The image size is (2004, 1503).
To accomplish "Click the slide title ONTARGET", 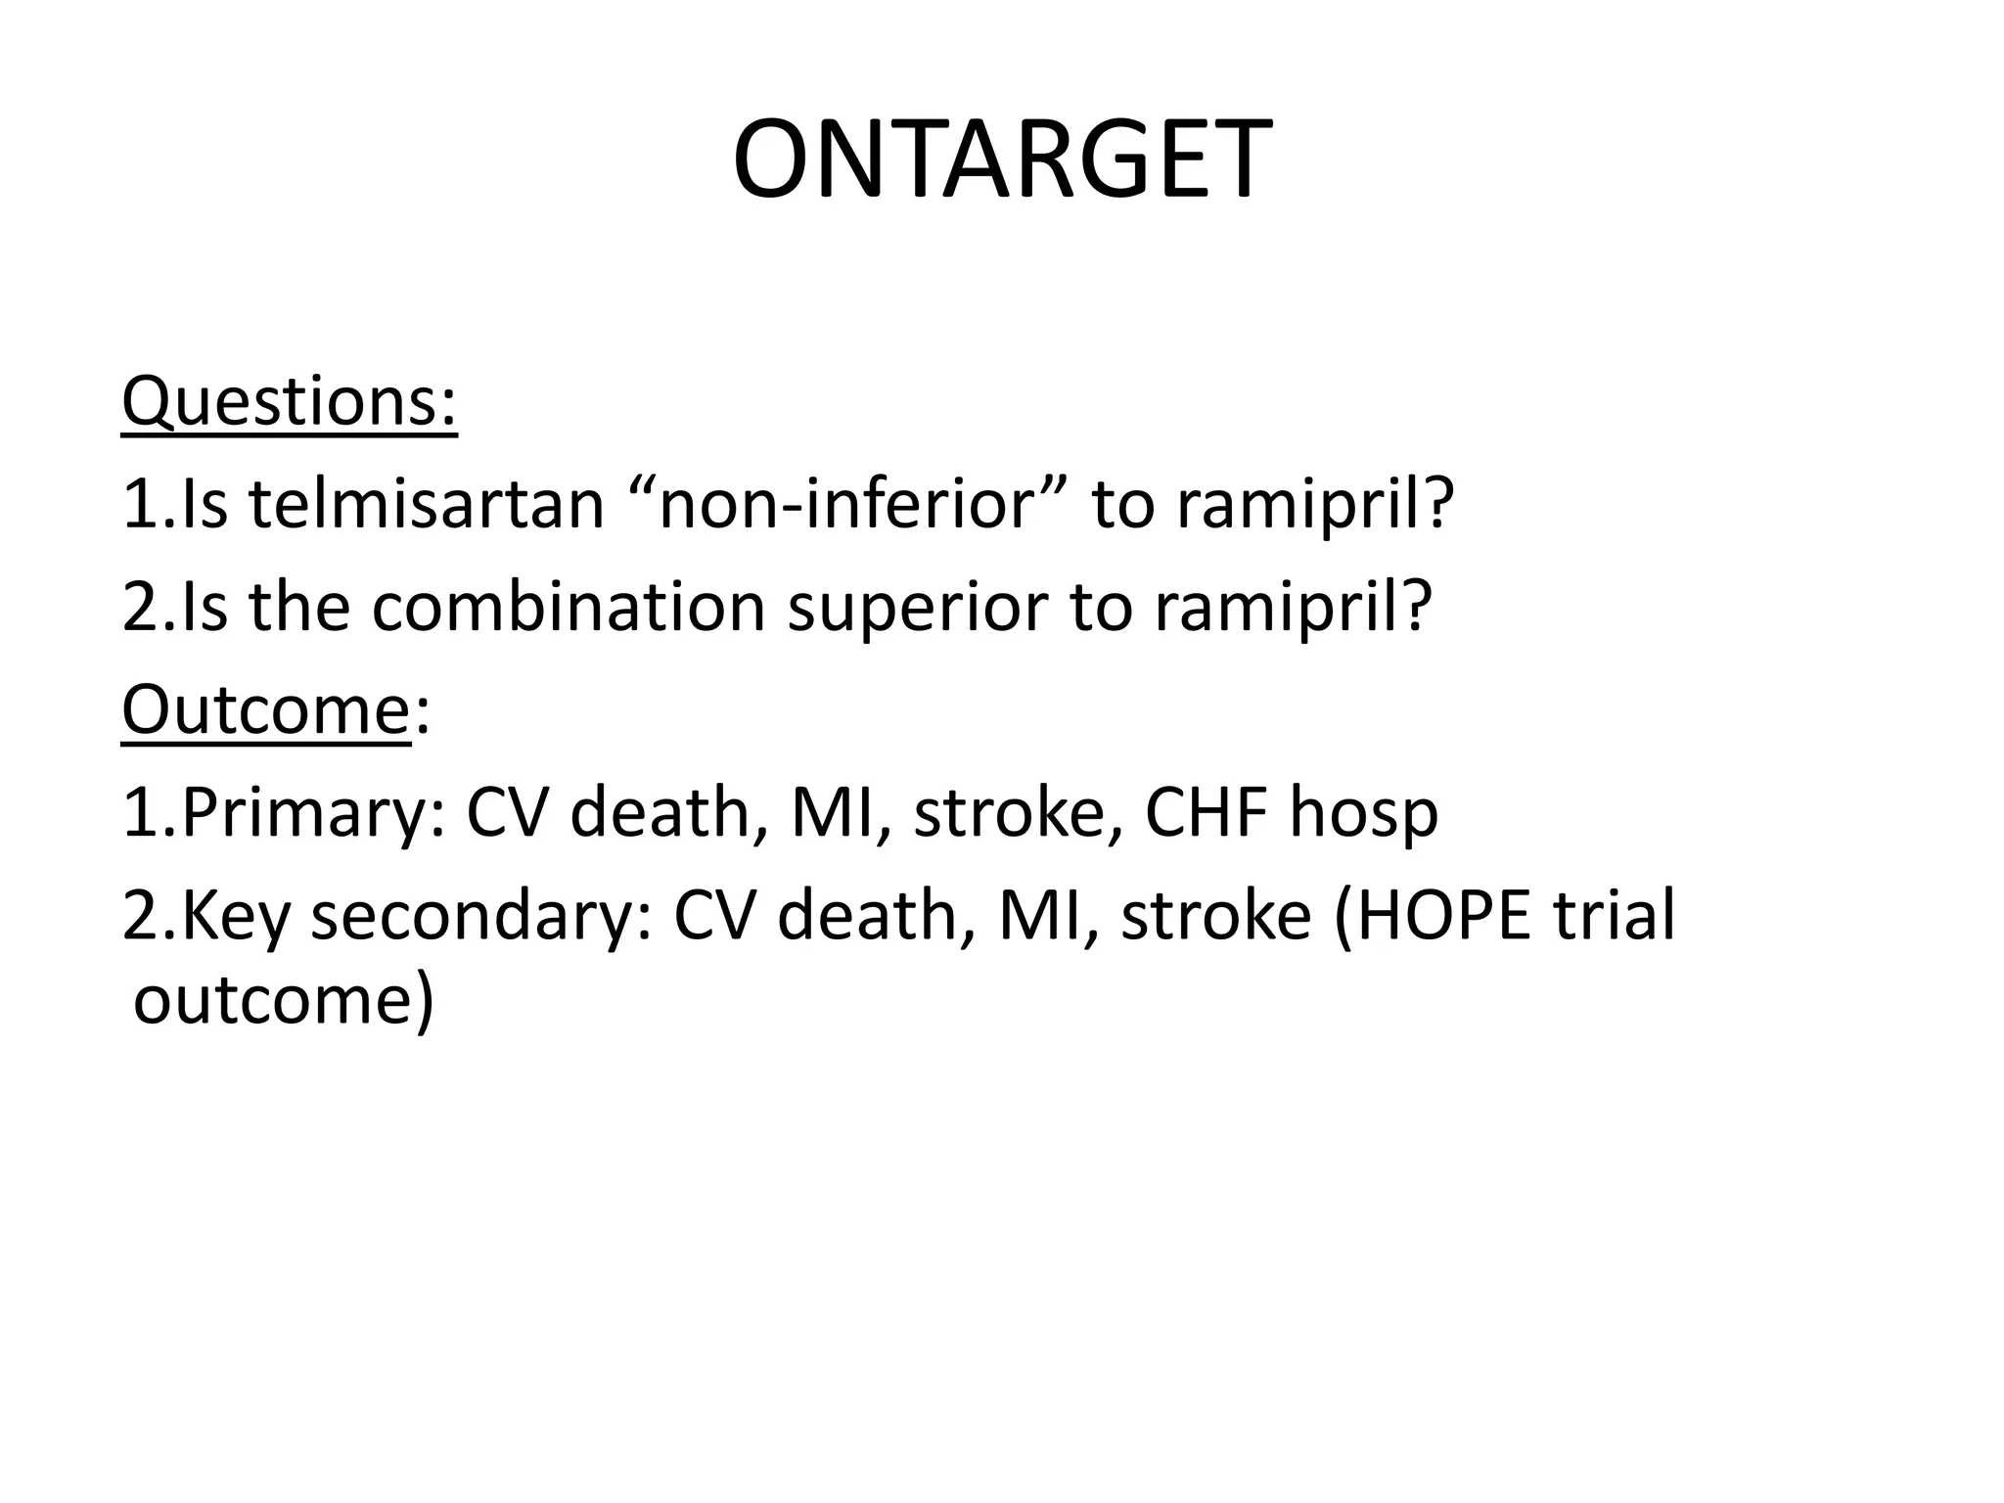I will click(1002, 159).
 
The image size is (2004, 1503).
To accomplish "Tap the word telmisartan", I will click(426, 505).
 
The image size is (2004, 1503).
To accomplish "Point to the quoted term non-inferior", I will click(847, 505).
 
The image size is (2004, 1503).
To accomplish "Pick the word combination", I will click(568, 607).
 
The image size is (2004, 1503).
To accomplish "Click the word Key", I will click(236, 917).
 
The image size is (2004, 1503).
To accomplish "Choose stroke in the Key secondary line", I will click(1215, 916).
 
